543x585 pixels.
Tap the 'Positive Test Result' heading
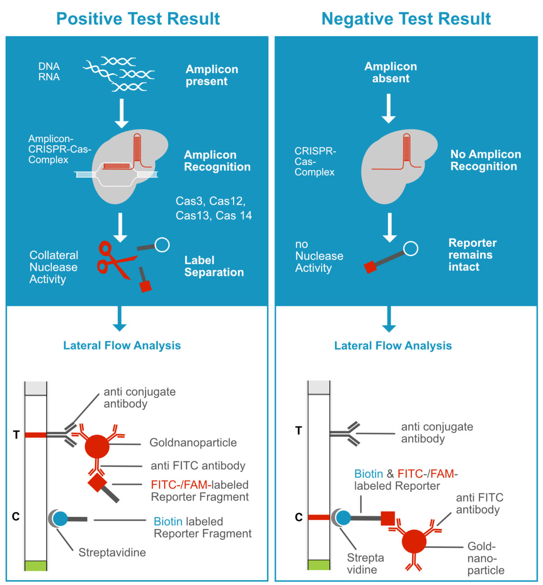138,19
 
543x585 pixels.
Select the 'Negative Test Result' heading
406,19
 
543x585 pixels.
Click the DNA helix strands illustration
119,74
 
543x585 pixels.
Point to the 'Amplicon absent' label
390,73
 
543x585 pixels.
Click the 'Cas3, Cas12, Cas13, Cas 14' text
213,208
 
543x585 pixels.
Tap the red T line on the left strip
35,435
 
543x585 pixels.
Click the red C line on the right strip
319,517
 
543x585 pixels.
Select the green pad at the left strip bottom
35,565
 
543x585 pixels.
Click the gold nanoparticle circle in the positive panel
97,446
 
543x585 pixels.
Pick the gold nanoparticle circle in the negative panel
414,542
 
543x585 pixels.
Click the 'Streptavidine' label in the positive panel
112,553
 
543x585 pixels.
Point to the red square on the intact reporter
370,267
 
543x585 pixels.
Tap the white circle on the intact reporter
410,249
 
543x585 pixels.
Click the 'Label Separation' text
214,266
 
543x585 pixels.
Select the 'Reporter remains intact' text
472,255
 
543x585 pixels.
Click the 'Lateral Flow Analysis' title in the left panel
122,346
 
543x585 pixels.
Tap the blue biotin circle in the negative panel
344,518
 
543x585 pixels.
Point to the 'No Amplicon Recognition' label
485,160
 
